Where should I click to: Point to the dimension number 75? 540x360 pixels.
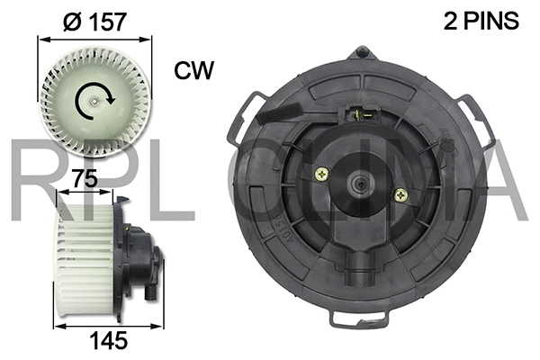pyautogui.click(x=86, y=180)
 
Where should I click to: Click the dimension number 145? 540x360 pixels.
pyautogui.click(x=105, y=342)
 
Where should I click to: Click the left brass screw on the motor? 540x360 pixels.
pyautogui.click(x=319, y=176)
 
